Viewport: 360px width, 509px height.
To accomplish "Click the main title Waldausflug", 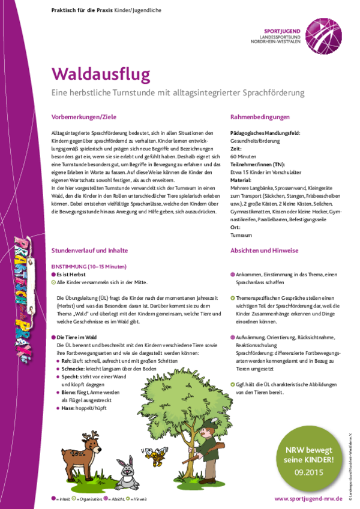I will [100, 74].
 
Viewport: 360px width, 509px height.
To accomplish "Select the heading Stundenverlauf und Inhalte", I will [89, 251].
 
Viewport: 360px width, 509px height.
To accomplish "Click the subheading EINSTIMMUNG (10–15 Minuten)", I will [89, 265].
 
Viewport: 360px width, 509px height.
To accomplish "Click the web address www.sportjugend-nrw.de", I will [307, 499].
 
